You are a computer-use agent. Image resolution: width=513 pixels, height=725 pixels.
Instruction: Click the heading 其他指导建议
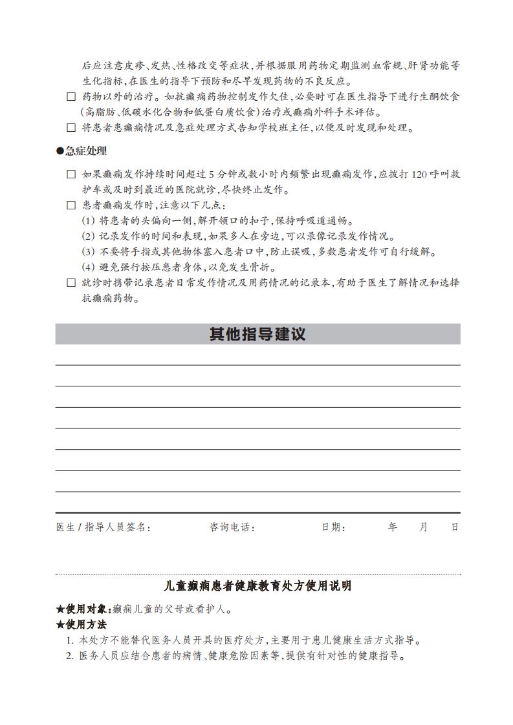click(x=257, y=334)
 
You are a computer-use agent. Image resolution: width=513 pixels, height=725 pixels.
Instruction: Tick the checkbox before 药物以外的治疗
click(x=71, y=97)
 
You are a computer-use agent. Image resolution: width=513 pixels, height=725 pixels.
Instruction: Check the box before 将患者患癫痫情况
click(x=71, y=128)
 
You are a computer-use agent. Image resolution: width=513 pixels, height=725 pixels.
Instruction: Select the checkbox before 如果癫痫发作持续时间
click(x=71, y=174)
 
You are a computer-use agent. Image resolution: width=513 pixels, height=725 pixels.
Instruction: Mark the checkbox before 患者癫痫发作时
click(x=71, y=205)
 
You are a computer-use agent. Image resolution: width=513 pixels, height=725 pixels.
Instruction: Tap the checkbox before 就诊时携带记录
click(x=71, y=282)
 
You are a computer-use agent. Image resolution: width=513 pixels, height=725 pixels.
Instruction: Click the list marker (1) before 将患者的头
click(x=89, y=221)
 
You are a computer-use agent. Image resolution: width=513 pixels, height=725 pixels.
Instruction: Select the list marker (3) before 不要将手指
click(x=89, y=252)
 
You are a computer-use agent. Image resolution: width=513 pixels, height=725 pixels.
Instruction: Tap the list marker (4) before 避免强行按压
click(x=89, y=268)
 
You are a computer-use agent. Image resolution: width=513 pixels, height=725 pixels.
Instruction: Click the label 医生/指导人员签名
click(x=104, y=527)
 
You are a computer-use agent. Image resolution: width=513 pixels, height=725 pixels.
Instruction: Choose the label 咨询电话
click(x=232, y=527)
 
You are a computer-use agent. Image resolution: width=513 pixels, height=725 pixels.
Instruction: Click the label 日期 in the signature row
click(x=333, y=527)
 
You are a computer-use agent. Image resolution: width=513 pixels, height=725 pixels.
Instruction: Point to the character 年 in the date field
click(x=393, y=527)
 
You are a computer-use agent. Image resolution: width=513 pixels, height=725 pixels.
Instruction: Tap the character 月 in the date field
click(x=424, y=527)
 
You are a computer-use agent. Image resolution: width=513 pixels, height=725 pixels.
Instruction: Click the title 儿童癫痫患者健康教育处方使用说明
click(x=258, y=586)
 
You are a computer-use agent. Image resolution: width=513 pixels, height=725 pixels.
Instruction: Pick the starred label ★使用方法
click(x=82, y=625)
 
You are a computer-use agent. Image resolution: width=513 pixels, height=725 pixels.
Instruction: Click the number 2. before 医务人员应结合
click(x=70, y=657)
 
